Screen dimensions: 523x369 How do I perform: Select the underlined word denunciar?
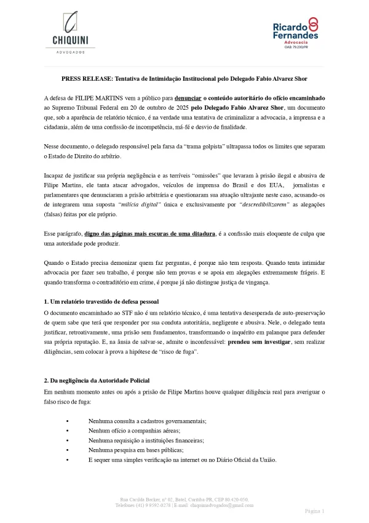(191, 98)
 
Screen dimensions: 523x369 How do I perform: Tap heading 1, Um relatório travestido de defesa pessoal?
(101, 301)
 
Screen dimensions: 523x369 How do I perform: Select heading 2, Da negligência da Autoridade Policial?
(97, 381)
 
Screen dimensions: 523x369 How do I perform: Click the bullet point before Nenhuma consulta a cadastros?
(66, 420)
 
